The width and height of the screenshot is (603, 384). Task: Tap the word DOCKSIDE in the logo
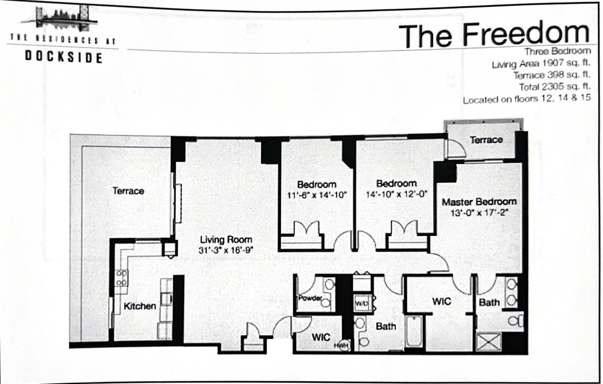[x=64, y=57]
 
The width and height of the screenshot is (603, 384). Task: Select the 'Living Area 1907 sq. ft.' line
[x=541, y=63]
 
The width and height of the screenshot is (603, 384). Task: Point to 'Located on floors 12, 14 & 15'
[x=527, y=99]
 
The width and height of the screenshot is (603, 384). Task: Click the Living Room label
[x=226, y=240]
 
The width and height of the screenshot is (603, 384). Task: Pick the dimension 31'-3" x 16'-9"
[x=226, y=250]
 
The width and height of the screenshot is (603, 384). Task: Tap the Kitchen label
[x=139, y=306]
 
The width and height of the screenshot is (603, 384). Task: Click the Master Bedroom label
[x=479, y=202]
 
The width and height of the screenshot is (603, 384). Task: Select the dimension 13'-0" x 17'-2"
[x=479, y=212]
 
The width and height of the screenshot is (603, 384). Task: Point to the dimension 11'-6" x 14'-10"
[x=317, y=195]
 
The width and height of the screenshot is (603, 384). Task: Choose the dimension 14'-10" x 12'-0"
[x=397, y=194]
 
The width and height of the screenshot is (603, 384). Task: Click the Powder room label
[x=310, y=298]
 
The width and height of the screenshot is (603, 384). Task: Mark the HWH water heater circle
[x=342, y=346]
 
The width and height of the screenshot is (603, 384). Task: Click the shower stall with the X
[x=489, y=342]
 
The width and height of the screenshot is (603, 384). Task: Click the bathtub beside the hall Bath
[x=414, y=331]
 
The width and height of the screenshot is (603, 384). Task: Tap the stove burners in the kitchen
[x=121, y=277]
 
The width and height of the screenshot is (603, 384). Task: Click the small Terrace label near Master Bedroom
[x=486, y=140]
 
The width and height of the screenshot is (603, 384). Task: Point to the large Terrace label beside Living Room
[x=129, y=190]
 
